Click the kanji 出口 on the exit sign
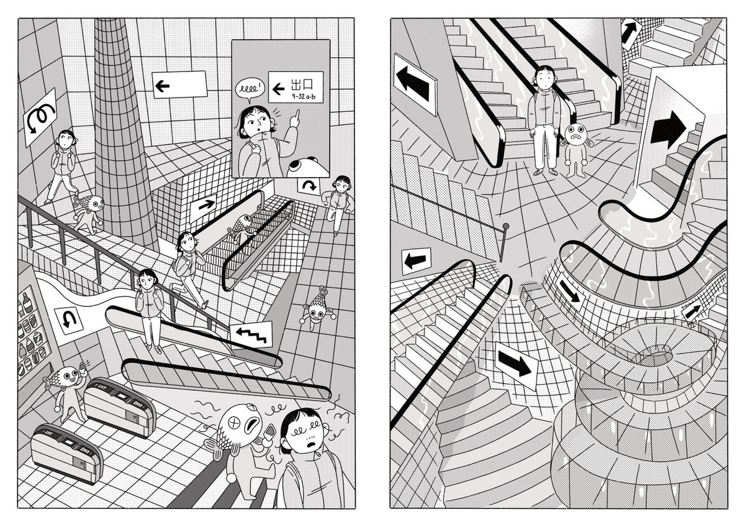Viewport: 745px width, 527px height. point(302,85)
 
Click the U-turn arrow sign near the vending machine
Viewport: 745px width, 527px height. point(68,321)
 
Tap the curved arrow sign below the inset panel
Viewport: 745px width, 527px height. point(308,186)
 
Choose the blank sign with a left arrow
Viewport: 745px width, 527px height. point(179,85)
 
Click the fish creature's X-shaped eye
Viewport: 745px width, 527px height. point(235,423)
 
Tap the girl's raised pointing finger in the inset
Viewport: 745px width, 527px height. point(295,117)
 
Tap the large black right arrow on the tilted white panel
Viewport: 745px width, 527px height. point(668,130)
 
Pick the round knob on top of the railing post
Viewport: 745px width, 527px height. point(505,226)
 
